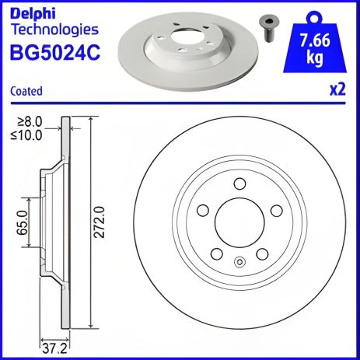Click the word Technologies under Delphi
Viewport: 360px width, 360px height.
pyautogui.click(x=54, y=30)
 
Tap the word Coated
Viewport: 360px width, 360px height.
pyautogui.click(x=27, y=91)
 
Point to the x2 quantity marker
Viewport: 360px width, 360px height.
pyautogui.click(x=337, y=89)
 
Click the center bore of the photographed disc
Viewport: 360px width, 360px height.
pyautogui.click(x=186, y=39)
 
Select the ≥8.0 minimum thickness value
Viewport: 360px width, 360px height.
pyautogui.click(x=33, y=121)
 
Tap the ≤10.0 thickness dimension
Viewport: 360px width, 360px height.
pyautogui.click(x=33, y=134)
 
